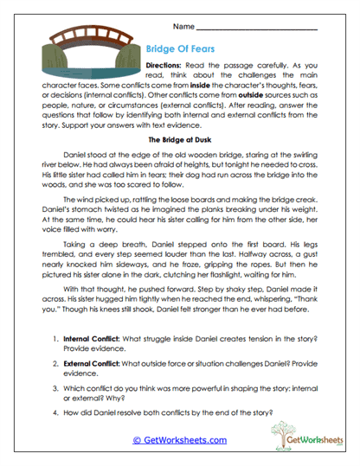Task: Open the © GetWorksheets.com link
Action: point(180,440)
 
